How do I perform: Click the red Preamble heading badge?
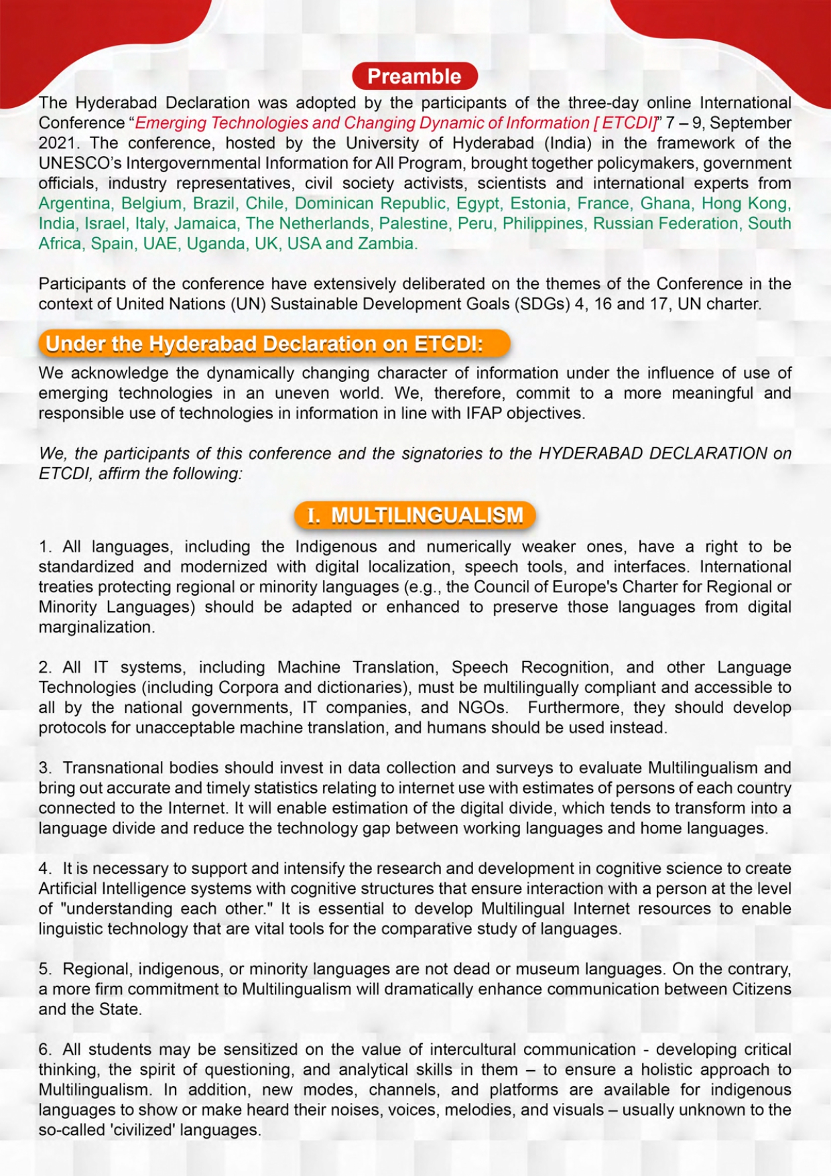(x=414, y=76)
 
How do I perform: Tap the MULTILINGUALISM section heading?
(x=415, y=515)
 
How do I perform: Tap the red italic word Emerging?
(x=170, y=123)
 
